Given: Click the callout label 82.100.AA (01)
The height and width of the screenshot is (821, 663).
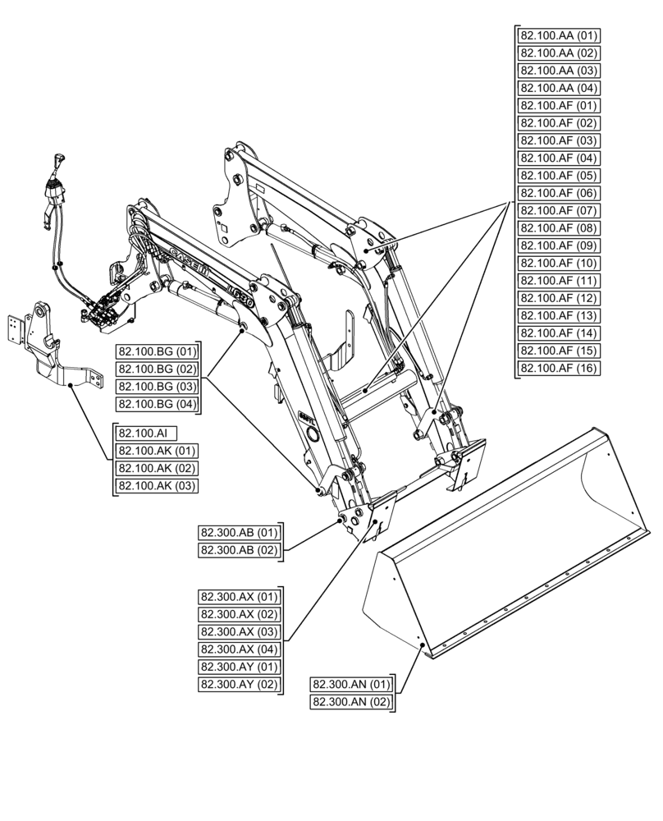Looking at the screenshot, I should click(x=560, y=35).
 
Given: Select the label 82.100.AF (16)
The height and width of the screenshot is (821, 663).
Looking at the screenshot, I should click(x=560, y=369).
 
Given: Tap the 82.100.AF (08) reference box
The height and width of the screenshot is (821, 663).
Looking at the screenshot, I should click(x=560, y=228).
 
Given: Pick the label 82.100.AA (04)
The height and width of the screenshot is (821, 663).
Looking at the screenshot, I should click(x=560, y=88).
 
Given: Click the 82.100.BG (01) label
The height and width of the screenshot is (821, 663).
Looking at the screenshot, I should click(x=157, y=351).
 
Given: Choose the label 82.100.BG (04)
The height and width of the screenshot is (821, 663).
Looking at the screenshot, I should click(x=157, y=404).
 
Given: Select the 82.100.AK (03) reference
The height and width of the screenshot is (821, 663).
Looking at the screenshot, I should click(x=157, y=486).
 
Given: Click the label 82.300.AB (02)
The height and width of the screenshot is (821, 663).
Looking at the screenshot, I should click(x=239, y=550).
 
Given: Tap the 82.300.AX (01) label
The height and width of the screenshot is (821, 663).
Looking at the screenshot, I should click(x=239, y=597).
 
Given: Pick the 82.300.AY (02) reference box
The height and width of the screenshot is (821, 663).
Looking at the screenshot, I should click(x=239, y=684).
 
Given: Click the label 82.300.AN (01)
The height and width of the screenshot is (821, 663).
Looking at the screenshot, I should click(x=351, y=684).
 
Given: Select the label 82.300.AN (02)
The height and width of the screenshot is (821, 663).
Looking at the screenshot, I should click(x=351, y=702).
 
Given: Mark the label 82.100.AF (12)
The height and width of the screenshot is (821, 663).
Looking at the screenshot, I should click(x=560, y=299).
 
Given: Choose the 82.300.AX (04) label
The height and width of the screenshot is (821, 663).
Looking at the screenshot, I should click(x=239, y=649).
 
